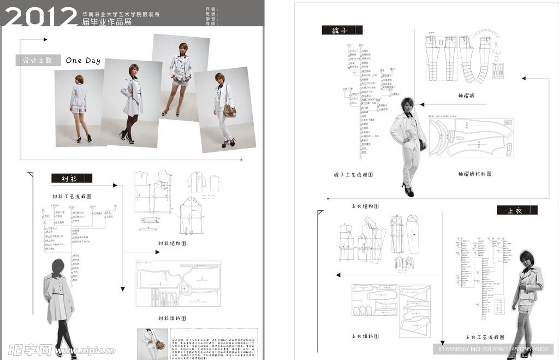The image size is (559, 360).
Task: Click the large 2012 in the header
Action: (41, 16)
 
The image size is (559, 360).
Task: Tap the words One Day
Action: (83, 61)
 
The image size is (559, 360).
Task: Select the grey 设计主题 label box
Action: (38, 61)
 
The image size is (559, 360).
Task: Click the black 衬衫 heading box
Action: (72, 178)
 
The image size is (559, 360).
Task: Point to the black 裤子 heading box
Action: (342, 31)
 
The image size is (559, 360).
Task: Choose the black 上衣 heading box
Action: (516, 210)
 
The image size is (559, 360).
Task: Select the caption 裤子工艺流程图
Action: (353, 175)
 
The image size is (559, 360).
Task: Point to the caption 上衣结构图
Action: (365, 206)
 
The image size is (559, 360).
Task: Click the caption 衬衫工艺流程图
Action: (71, 196)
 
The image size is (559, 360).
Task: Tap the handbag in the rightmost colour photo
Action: (230, 111)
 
